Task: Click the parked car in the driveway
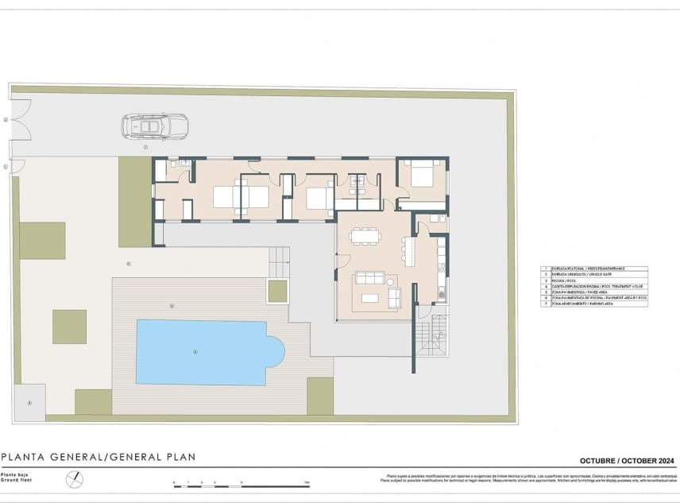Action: [155, 126]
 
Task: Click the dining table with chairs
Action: [365, 236]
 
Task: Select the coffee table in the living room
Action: [370, 298]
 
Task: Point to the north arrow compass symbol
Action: [74, 480]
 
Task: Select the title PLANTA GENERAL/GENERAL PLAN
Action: [99, 457]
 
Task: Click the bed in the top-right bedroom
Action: [422, 174]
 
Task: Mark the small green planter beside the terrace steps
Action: [277, 291]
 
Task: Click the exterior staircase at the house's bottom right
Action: [431, 335]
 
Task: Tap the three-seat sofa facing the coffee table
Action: [369, 278]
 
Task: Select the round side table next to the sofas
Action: [391, 281]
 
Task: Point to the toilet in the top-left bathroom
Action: [184, 164]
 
